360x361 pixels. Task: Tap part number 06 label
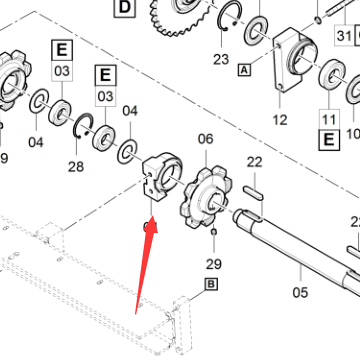point(205,139)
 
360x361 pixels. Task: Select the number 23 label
point(221,59)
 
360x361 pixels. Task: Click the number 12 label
point(280,119)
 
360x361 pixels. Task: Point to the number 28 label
point(76,166)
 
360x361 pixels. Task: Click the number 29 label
point(214,264)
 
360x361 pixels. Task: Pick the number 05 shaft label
point(300,292)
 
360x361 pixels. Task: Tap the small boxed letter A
point(244,70)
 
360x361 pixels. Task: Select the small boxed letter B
point(211,284)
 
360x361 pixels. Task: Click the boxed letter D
point(124,7)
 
